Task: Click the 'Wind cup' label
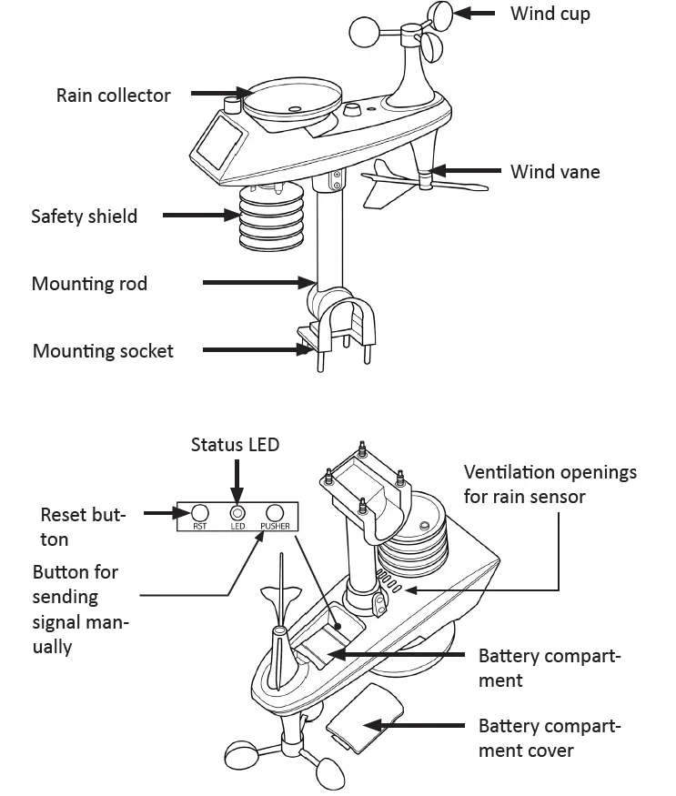pyautogui.click(x=550, y=14)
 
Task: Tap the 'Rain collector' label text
pyautogui.click(x=114, y=96)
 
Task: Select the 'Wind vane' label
pyautogui.click(x=554, y=171)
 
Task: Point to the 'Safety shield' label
pyautogui.click(x=85, y=217)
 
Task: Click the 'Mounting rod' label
pyautogui.click(x=89, y=284)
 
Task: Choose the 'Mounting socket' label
pyautogui.click(x=103, y=351)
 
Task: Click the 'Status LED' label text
pyautogui.click(x=235, y=444)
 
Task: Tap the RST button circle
pyautogui.click(x=200, y=512)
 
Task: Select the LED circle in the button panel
pyautogui.click(x=237, y=512)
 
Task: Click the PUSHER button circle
pyautogui.click(x=275, y=512)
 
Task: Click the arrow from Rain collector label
pyautogui.click(x=219, y=95)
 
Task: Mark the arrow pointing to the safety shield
pyautogui.click(x=199, y=216)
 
